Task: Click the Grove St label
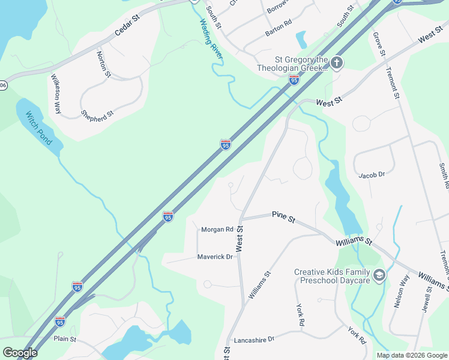pyautogui.click(x=379, y=45)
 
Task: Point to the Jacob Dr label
pyautogui.click(x=371, y=175)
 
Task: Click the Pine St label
pyautogui.click(x=283, y=217)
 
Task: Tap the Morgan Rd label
pyautogui.click(x=217, y=230)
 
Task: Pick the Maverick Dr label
pyautogui.click(x=215, y=257)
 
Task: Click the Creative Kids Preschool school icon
pyautogui.click(x=379, y=275)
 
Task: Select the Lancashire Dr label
pyautogui.click(x=254, y=339)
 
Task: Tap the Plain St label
pyautogui.click(x=65, y=339)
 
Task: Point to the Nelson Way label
pyautogui.click(x=400, y=292)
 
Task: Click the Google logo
pyautogui.click(x=20, y=353)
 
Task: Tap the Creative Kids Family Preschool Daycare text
pyautogui.click(x=331, y=276)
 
